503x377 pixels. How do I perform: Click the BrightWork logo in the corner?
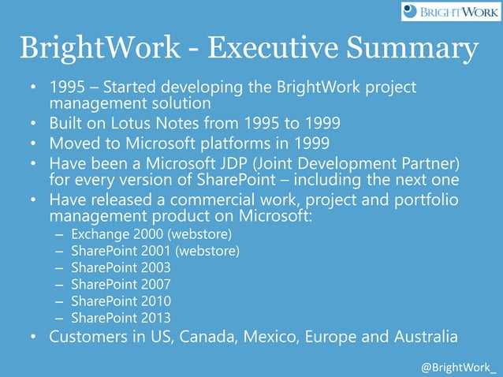[450, 12]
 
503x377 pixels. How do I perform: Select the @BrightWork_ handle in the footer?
[459, 368]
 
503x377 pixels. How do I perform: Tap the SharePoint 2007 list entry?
[121, 284]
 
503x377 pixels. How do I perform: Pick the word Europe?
[341, 338]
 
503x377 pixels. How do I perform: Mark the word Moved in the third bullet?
[75, 144]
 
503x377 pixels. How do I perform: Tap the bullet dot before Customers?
[35, 338]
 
